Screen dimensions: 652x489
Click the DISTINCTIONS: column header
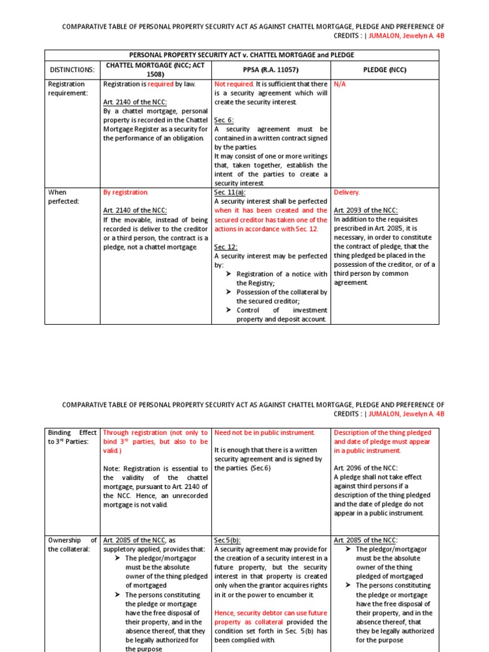(72, 69)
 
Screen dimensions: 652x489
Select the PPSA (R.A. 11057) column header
(271, 69)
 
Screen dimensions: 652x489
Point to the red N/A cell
(340, 83)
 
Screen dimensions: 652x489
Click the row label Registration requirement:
(67, 88)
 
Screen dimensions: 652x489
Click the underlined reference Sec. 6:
(224, 120)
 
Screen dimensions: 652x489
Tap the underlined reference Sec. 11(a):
(230, 192)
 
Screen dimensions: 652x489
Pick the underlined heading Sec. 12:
(225, 246)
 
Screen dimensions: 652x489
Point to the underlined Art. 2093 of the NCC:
(366, 210)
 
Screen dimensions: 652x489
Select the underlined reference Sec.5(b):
(229, 540)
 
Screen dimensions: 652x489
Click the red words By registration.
(125, 192)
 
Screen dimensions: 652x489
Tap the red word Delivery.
(347, 192)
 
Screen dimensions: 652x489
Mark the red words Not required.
(234, 83)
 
